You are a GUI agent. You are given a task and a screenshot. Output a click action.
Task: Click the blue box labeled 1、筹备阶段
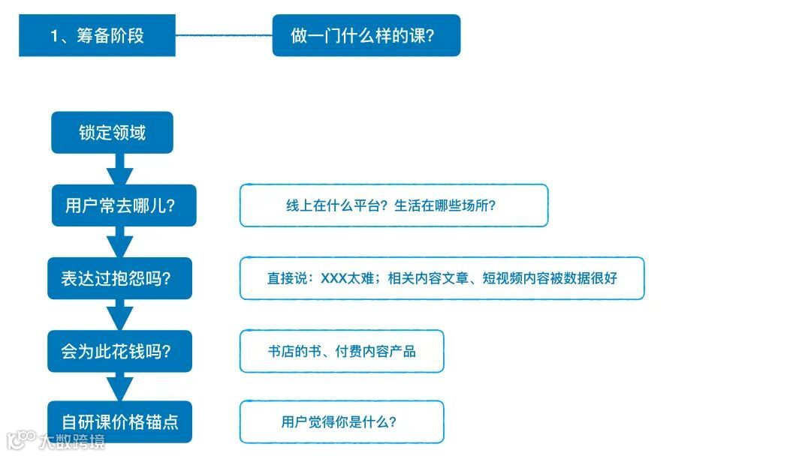coord(97,35)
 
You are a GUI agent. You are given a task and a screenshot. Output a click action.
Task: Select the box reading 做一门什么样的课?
coord(366,35)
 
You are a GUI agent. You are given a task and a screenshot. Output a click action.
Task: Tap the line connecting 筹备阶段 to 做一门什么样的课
coord(224,35)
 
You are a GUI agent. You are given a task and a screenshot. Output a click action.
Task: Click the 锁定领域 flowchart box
coord(112,133)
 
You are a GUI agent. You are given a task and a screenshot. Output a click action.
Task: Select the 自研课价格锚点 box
coord(119,421)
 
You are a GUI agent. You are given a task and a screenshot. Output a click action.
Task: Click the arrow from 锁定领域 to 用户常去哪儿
coord(119,169)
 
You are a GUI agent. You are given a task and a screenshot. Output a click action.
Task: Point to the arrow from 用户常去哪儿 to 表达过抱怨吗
coord(119,242)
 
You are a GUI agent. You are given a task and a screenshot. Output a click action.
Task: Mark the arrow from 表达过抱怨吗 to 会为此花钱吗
coord(119,315)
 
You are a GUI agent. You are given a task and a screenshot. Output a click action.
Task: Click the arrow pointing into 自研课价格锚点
coord(119,387)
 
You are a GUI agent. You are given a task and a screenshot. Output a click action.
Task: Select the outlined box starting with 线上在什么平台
coord(393,205)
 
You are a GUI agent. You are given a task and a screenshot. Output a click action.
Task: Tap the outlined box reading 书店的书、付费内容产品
coord(342,351)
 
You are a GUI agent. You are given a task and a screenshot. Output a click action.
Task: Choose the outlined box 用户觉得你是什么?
coord(342,421)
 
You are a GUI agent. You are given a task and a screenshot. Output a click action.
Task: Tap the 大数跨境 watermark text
coord(74,441)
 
